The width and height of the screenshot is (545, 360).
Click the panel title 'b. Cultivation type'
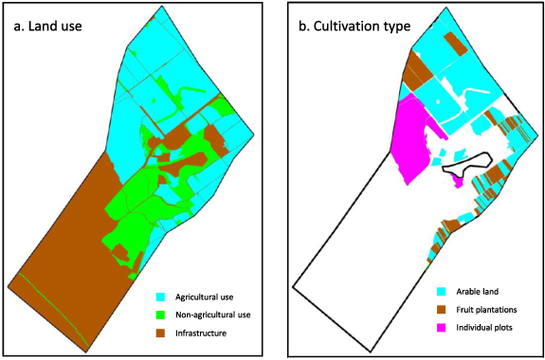coord(354,27)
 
